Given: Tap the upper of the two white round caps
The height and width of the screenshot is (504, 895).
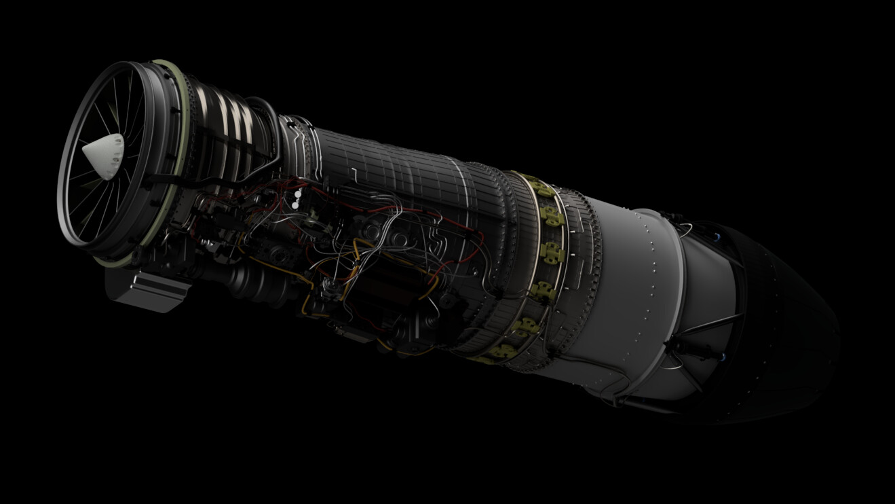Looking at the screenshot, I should tap(298, 193).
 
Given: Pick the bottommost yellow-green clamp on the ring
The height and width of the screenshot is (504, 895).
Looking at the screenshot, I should tap(501, 351).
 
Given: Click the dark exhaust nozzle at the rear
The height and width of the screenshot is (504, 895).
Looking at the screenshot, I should tap(780, 319).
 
